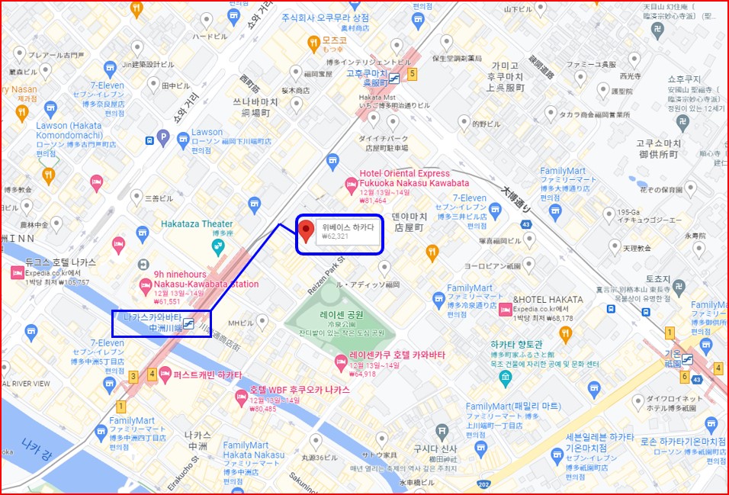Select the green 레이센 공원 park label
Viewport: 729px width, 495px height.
[x=342, y=314]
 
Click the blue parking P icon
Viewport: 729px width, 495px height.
[x=162, y=138]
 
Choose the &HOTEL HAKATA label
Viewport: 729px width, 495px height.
[x=548, y=300]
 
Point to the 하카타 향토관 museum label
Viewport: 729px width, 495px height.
[x=538, y=345]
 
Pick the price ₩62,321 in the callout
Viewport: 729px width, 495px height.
[x=335, y=236]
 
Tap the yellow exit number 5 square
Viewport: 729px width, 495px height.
[x=413, y=74]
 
